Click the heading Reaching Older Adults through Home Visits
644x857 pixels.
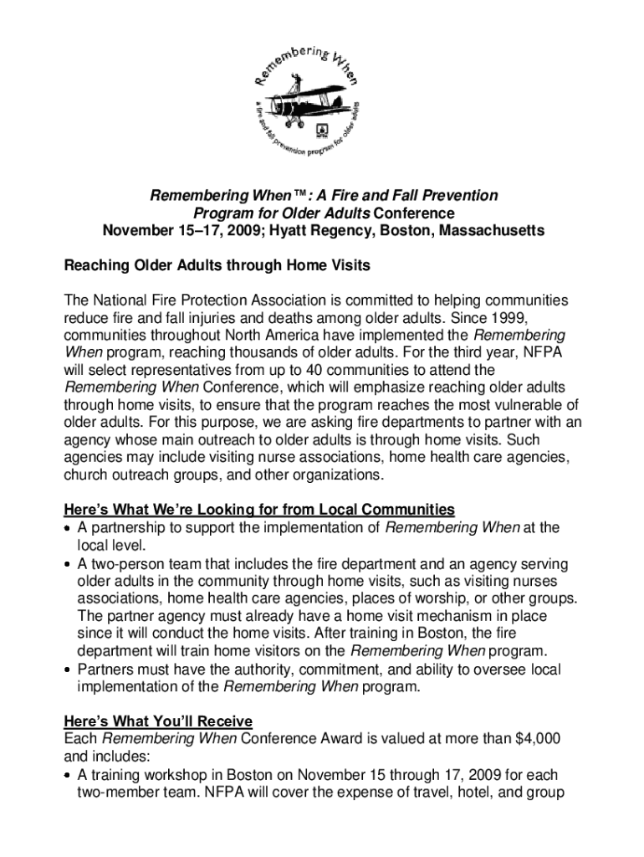click(217, 265)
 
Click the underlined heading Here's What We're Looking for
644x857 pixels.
click(259, 510)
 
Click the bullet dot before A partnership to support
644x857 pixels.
click(69, 528)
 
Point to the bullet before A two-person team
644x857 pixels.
click(69, 563)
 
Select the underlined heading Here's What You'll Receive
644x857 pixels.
click(158, 721)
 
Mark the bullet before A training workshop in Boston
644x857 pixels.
click(69, 776)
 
